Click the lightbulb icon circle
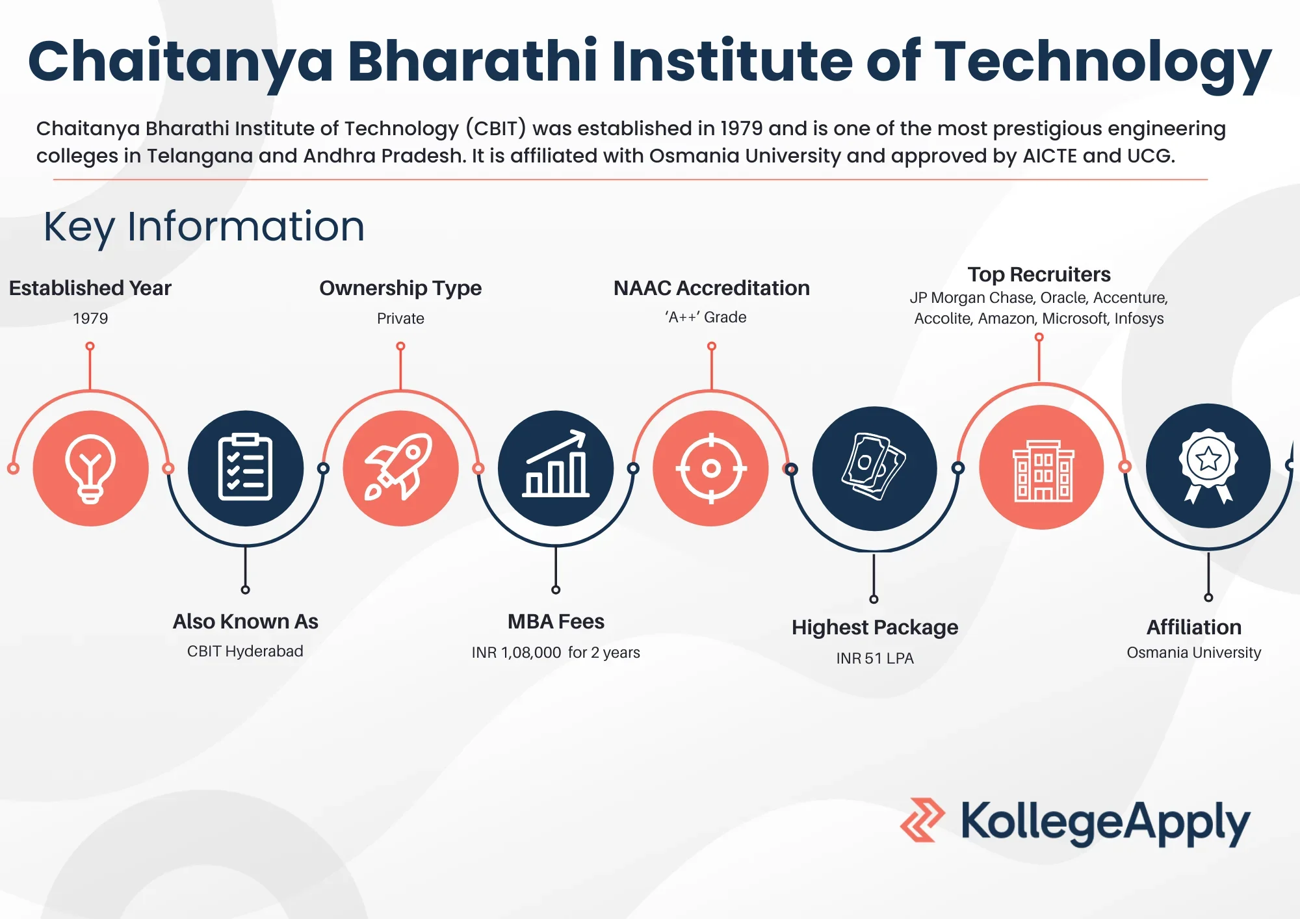(91, 468)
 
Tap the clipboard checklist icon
(246, 468)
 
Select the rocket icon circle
(401, 468)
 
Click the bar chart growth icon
(556, 468)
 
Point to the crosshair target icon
(711, 468)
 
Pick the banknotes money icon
(875, 469)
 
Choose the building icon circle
(1042, 467)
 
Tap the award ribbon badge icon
(1208, 466)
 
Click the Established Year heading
(90, 288)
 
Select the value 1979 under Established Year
(90, 318)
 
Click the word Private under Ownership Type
(400, 318)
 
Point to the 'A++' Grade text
(705, 317)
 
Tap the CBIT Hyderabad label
(245, 651)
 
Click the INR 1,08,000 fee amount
(517, 653)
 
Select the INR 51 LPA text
(875, 658)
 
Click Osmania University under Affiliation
(1194, 653)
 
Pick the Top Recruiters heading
(1039, 274)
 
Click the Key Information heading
(204, 227)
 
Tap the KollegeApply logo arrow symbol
(922, 820)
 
